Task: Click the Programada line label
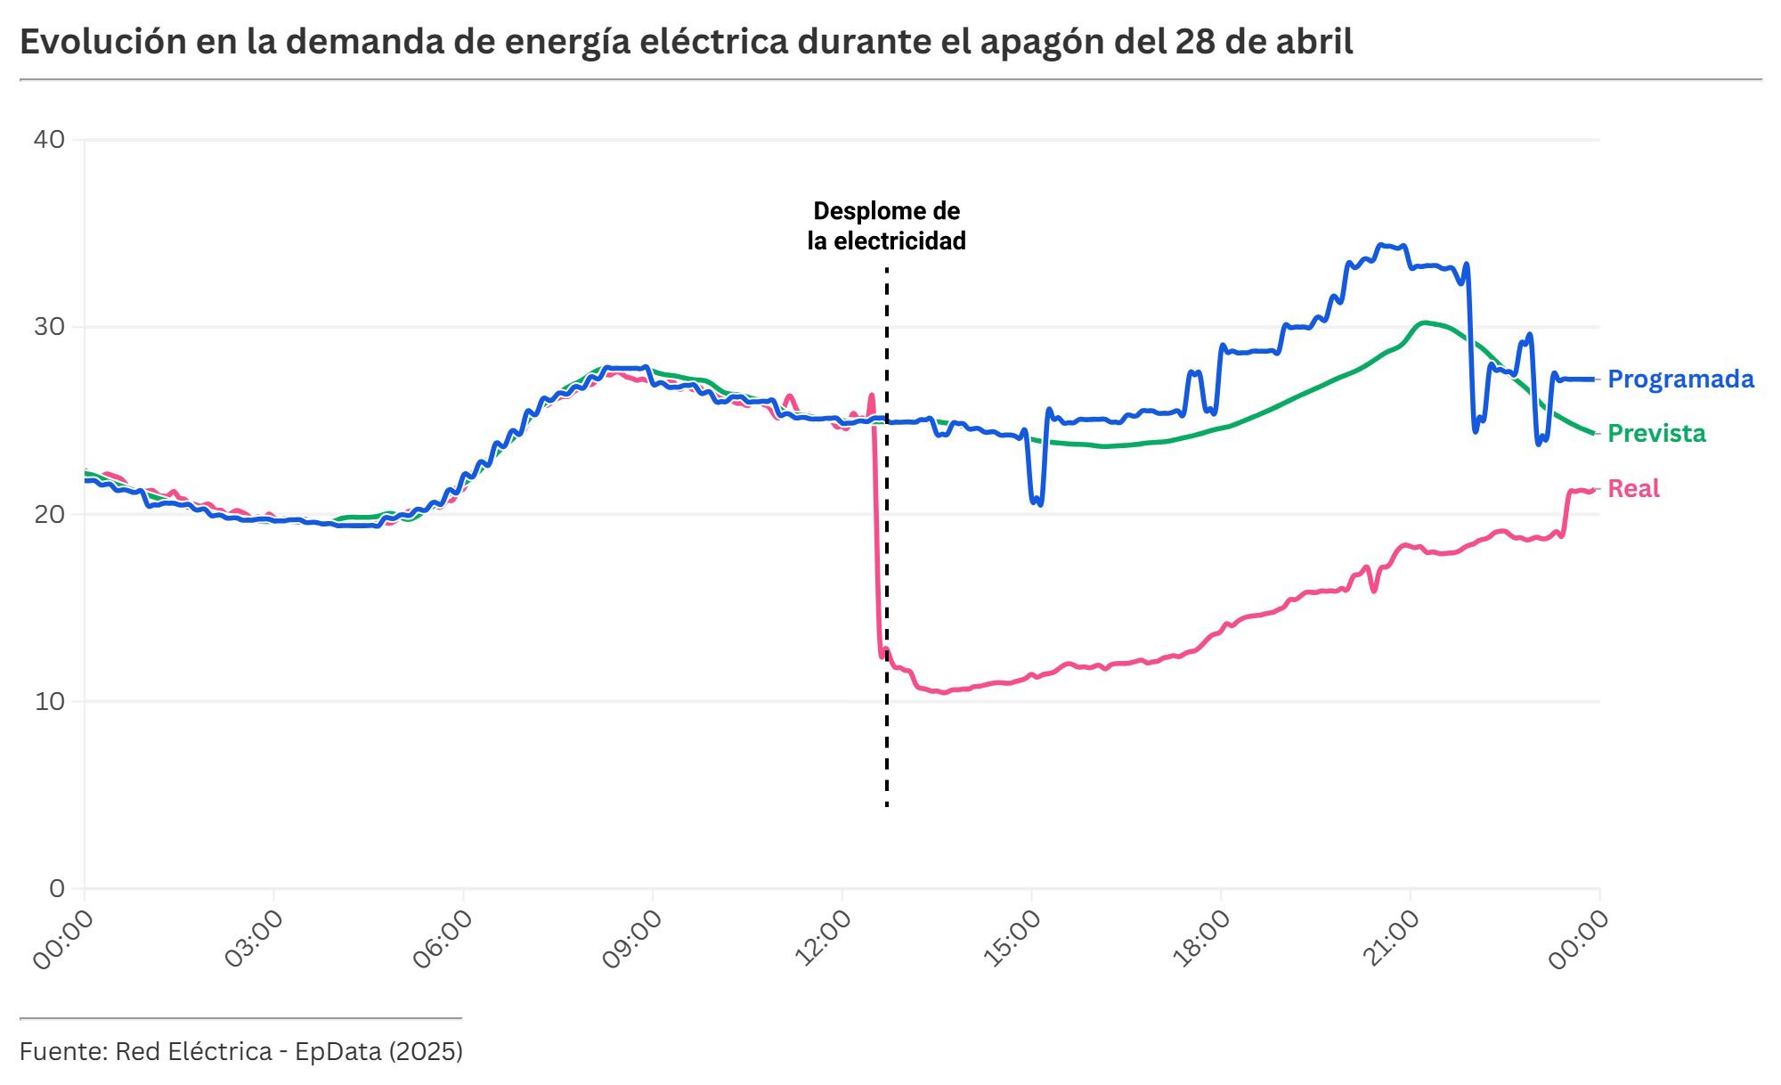pos(1680,379)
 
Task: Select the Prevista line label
pos(1656,434)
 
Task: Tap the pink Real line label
pos(1633,489)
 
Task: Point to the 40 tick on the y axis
pos(49,140)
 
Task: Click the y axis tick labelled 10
pos(49,702)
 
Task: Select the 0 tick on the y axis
pos(57,888)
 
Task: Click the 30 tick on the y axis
pos(49,327)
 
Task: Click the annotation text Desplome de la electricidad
pos(886,226)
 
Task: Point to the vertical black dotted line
pos(887,534)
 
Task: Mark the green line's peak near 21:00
pos(1425,322)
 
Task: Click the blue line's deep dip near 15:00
pos(1037,502)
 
